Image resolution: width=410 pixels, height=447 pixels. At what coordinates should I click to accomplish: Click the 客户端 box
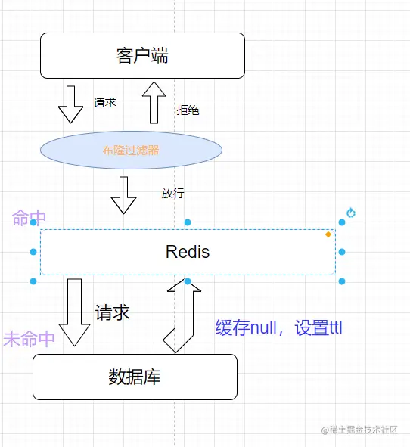pos(142,55)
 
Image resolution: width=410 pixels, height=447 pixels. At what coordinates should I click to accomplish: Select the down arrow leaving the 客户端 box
pos(71,104)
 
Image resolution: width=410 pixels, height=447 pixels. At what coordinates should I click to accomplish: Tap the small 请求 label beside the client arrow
pos(105,103)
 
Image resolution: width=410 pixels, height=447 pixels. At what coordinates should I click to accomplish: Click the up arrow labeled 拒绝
pos(154,103)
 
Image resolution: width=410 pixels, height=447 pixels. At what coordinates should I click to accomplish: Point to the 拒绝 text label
pos(188,110)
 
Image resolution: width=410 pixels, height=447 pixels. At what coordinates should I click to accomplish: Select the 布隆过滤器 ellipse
pos(131,150)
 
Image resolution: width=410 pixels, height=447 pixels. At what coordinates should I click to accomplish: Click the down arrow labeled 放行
pos(124,195)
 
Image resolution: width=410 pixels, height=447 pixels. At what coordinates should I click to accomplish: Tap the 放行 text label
pos(172,194)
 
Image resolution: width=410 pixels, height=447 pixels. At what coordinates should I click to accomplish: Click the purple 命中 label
pos(29,218)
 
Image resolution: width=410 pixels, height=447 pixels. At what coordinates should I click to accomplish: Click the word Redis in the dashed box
pos(187,252)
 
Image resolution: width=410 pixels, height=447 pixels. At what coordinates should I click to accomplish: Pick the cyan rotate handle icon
pos(351,213)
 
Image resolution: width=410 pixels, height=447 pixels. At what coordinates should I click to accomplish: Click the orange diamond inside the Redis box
pos(328,234)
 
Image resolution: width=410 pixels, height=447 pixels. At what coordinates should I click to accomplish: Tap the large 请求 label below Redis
pos(112,312)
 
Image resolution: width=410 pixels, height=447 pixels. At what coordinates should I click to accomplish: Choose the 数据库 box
pos(135,377)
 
